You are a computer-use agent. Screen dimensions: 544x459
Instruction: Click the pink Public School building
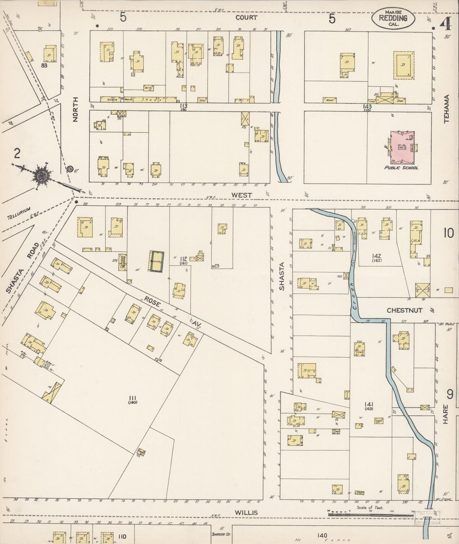(x=403, y=148)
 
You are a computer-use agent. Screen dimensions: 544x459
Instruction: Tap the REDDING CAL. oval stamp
(x=393, y=19)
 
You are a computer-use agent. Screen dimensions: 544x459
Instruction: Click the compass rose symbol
(x=42, y=175)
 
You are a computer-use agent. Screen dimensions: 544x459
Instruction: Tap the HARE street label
(x=445, y=414)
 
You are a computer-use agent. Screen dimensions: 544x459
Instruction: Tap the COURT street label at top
(x=246, y=17)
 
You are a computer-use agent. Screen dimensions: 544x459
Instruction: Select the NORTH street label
(x=75, y=109)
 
